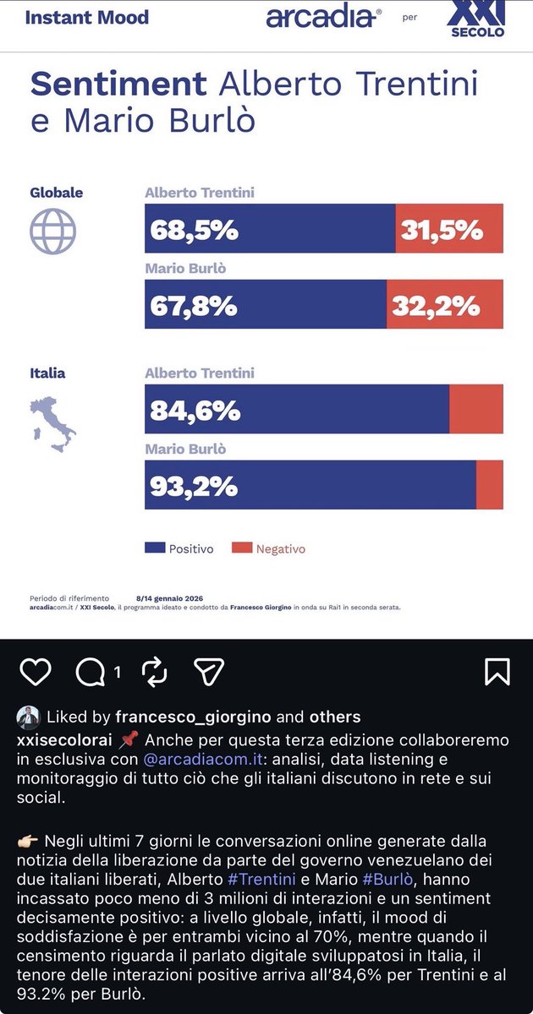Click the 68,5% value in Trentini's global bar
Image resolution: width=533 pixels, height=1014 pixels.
(x=194, y=229)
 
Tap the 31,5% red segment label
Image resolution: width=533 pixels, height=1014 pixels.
(x=441, y=229)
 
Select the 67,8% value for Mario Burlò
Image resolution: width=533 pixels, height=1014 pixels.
(x=194, y=305)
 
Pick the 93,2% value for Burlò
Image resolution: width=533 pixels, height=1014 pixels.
(x=194, y=486)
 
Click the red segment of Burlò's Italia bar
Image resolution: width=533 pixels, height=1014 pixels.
(x=490, y=485)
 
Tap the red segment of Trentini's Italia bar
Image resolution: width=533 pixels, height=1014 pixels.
(x=475, y=409)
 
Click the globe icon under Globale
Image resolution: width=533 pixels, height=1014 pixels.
(x=53, y=232)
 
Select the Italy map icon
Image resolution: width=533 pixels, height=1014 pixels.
(x=53, y=422)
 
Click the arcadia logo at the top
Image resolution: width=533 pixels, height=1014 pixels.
(x=324, y=17)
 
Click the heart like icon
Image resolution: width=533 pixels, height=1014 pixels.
(x=35, y=672)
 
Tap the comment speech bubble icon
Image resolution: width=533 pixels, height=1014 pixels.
(x=91, y=672)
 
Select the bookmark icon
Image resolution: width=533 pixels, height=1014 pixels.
(x=497, y=672)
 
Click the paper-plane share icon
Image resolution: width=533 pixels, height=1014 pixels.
(x=208, y=672)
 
